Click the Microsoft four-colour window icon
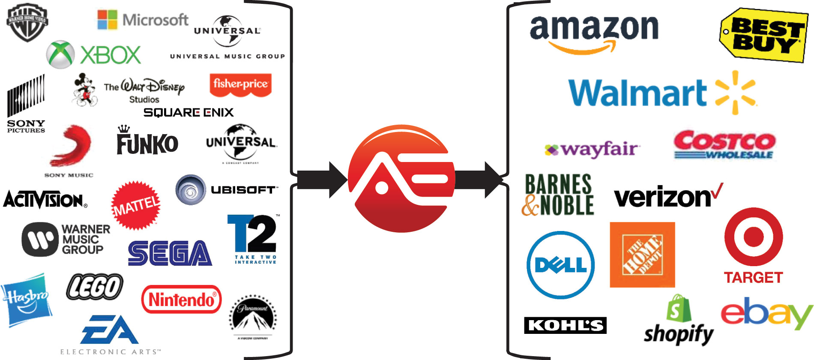(107, 20)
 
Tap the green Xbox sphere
(60, 54)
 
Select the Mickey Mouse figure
(84, 90)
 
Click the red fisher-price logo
(240, 84)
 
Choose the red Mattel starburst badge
(136, 205)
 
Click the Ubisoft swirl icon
(191, 189)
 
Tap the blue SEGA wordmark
(170, 253)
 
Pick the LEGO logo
(95, 287)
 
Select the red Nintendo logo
(181, 299)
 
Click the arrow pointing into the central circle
(322, 180)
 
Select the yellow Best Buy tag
(764, 36)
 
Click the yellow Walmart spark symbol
(736, 93)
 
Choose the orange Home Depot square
(642, 255)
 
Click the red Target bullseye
(754, 237)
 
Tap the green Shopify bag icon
(678, 309)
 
